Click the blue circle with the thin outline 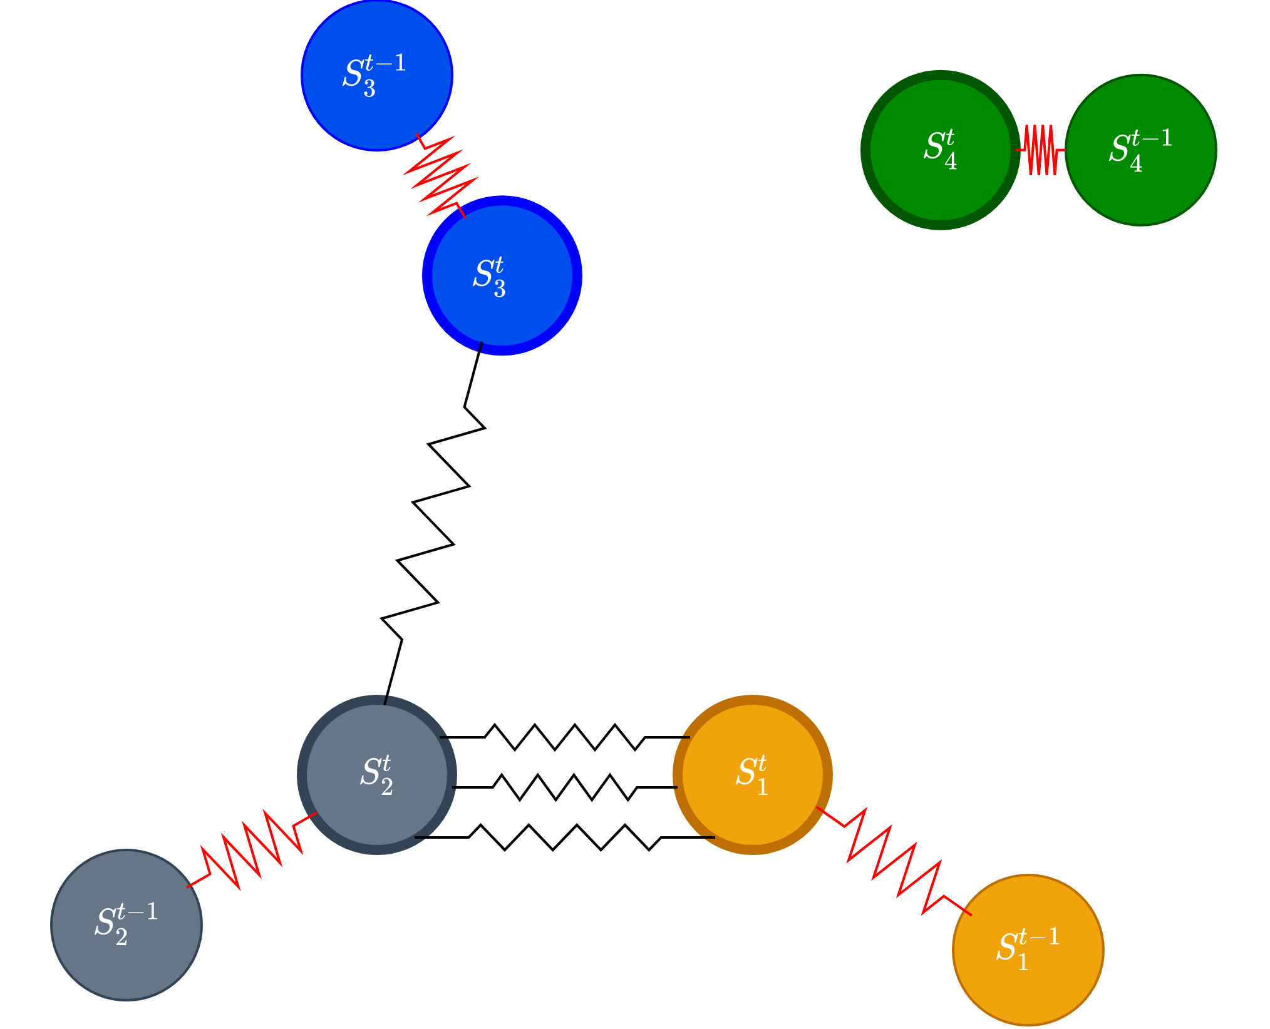tap(376, 75)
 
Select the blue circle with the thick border tap(502, 275)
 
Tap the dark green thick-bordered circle tap(941, 150)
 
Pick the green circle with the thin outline tap(1141, 150)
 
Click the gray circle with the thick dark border tap(377, 775)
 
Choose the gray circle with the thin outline tap(126, 925)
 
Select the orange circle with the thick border tap(753, 775)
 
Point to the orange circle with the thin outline tap(1028, 950)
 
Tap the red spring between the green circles tap(1041, 150)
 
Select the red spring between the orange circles tap(894, 861)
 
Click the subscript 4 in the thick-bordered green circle tap(951, 161)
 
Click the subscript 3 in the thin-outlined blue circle tap(369, 89)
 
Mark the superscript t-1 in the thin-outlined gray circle tap(138, 911)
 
